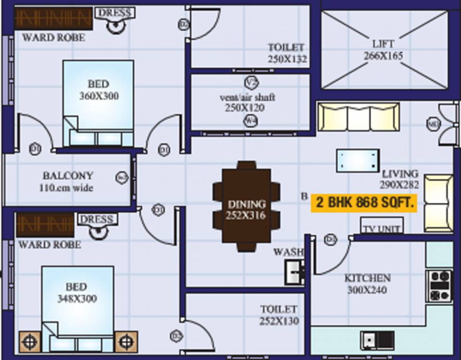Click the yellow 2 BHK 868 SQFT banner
click(364, 203)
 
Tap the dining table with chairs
click(246, 206)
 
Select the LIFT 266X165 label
click(383, 50)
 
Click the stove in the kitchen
click(439, 285)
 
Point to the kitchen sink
click(377, 339)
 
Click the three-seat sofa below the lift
click(359, 117)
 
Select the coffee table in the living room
click(358, 161)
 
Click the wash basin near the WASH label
click(295, 272)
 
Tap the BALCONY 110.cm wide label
click(68, 181)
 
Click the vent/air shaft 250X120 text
click(247, 103)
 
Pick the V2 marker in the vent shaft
click(251, 82)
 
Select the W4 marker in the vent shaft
click(251, 121)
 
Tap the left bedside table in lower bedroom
click(29, 342)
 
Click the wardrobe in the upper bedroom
click(53, 18)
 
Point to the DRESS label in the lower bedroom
click(97, 219)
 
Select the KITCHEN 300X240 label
click(367, 284)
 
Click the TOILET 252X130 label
click(279, 315)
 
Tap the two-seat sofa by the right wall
click(438, 203)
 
